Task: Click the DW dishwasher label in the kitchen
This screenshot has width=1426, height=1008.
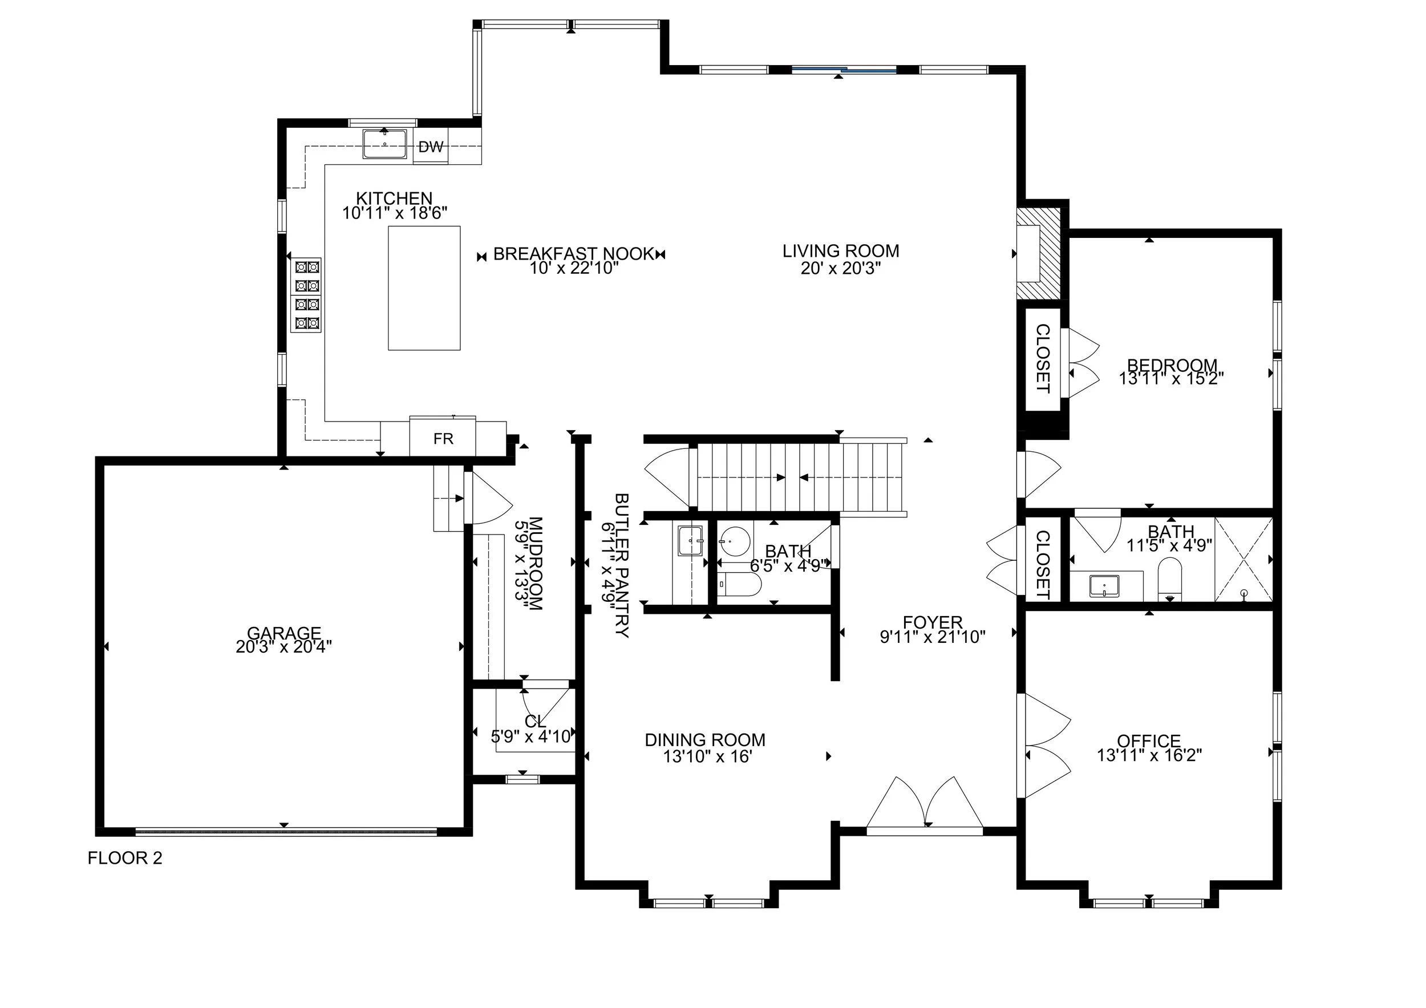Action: (431, 147)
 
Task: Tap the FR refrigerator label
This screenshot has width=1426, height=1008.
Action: (443, 439)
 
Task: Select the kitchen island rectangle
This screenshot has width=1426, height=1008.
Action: (424, 288)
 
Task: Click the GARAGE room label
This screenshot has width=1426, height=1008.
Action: (284, 633)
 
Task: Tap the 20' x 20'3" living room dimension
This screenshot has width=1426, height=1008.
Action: (841, 268)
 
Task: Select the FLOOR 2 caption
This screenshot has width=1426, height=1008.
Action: (125, 859)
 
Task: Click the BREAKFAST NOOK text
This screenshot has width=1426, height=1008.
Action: (573, 254)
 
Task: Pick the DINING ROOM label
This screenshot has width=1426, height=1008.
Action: (705, 740)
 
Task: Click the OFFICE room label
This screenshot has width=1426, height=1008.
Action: (1149, 741)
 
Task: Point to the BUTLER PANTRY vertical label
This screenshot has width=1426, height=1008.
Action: (622, 565)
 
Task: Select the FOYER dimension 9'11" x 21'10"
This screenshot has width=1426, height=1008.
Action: (933, 637)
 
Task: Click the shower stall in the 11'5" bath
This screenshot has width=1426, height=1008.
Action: (1243, 559)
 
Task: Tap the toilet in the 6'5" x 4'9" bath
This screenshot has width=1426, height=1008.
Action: (739, 584)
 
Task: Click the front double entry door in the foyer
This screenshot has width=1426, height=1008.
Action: (925, 803)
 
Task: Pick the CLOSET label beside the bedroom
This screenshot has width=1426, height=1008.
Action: (1043, 358)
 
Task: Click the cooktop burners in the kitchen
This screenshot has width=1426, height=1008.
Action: (307, 295)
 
